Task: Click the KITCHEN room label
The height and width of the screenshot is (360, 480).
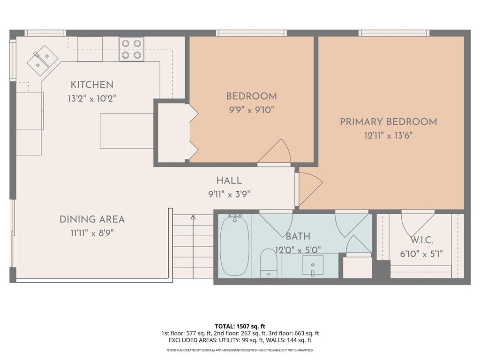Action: coord(92,85)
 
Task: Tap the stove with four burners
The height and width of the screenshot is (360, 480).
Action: coord(131,49)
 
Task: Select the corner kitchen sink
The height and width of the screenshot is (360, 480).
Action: coord(42,60)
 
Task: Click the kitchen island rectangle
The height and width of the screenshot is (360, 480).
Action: coord(127,131)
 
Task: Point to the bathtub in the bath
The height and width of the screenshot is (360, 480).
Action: coord(234,246)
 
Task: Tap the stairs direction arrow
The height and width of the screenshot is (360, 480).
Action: coord(193,217)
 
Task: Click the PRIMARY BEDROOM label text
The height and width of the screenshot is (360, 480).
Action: coord(388,122)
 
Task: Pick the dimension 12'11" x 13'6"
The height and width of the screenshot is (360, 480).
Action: coord(388,135)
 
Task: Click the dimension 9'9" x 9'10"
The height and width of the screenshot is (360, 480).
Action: coord(251,110)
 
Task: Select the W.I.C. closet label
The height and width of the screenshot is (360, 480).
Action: coord(421,240)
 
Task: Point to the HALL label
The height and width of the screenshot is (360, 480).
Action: coord(229,180)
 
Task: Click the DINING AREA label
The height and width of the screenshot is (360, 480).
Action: coord(92,219)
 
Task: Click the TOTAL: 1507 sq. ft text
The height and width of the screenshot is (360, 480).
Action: coord(240,326)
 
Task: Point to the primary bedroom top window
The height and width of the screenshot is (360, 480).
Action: coord(394,33)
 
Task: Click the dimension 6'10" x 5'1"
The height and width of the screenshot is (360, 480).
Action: coord(421,254)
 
